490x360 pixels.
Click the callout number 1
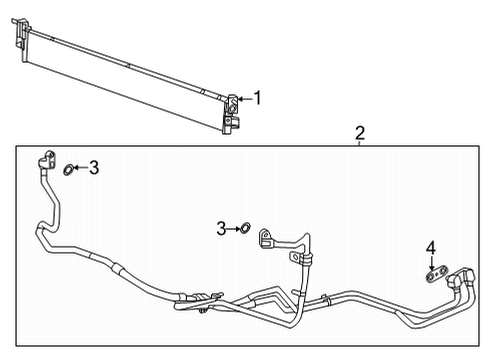[x=257, y=98]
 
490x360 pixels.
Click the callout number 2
[x=360, y=133]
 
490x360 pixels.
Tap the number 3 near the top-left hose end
[x=94, y=168]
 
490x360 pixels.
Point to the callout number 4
[x=431, y=247]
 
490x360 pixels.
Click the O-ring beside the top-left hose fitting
[x=67, y=169]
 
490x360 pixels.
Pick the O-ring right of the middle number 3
[x=243, y=229]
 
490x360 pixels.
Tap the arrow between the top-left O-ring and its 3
[x=80, y=168]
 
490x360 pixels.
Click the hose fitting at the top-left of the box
[x=45, y=159]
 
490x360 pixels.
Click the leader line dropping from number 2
[x=360, y=143]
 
